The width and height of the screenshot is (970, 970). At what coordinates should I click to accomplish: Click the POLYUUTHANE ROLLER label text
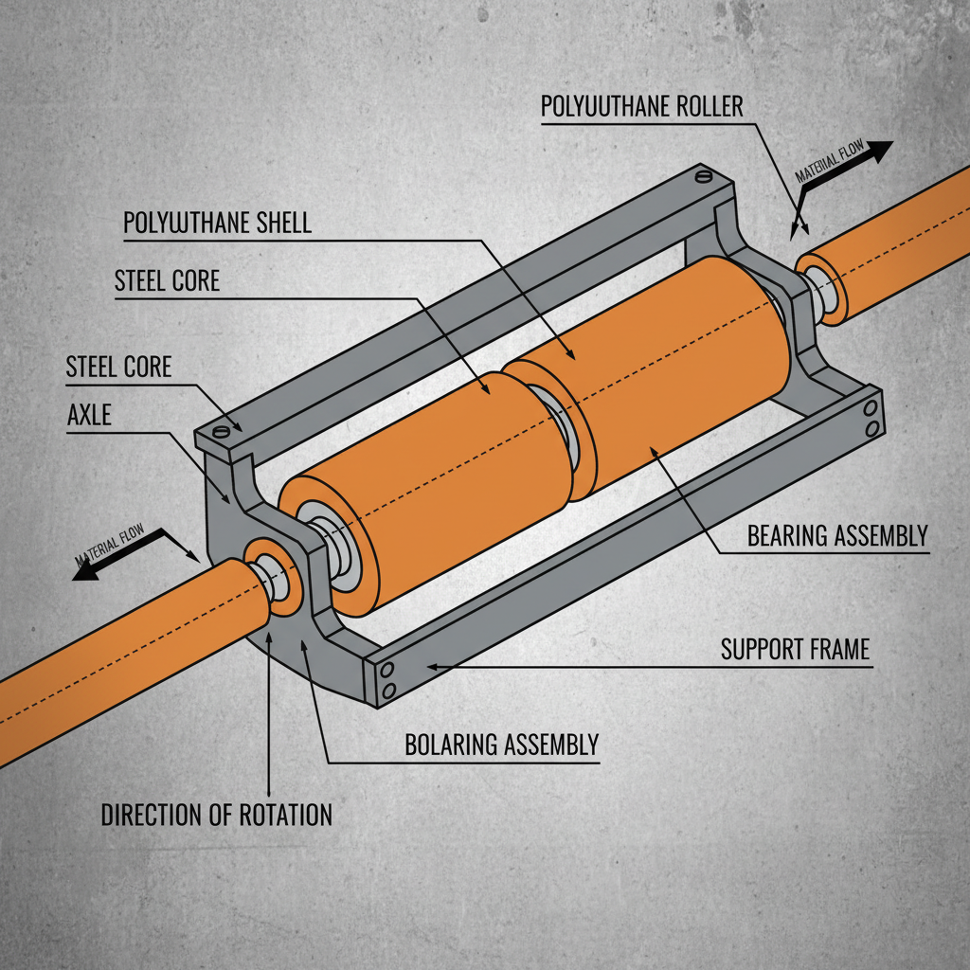click(x=642, y=106)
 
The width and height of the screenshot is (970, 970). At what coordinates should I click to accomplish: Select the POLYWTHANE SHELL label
click(x=217, y=224)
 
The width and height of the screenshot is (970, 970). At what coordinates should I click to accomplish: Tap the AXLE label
click(x=89, y=415)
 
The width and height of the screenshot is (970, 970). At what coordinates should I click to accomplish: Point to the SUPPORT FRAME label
click(x=795, y=650)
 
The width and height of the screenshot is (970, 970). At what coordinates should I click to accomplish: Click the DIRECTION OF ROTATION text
click(x=217, y=815)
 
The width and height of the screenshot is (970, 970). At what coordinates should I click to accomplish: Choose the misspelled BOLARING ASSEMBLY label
click(x=502, y=745)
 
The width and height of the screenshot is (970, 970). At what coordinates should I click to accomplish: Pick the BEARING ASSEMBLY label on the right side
click(x=836, y=536)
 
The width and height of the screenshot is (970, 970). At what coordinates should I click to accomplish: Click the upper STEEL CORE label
click(x=167, y=280)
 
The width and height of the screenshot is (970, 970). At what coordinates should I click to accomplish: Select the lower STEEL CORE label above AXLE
click(x=118, y=367)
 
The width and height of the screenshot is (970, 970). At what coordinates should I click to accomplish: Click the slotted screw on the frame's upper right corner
click(x=702, y=175)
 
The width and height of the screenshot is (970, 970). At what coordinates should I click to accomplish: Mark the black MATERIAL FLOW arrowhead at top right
click(x=880, y=150)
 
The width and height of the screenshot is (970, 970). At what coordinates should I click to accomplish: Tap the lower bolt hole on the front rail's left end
click(x=386, y=692)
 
